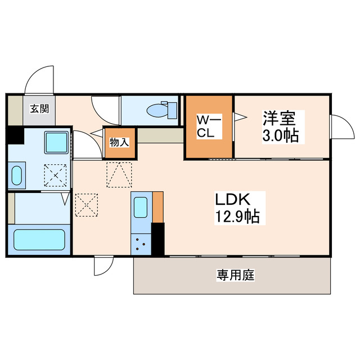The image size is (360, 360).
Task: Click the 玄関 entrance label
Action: click(39, 109)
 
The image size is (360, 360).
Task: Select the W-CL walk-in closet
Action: click(209, 127)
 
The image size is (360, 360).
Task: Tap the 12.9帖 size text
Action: click(236, 217)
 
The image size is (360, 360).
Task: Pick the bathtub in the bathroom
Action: click(39, 239)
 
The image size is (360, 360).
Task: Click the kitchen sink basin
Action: click(141, 208)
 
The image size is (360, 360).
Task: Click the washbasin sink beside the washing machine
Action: click(16, 174)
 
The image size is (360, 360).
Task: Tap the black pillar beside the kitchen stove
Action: click(157, 238)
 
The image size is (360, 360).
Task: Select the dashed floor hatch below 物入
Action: click(119, 174)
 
